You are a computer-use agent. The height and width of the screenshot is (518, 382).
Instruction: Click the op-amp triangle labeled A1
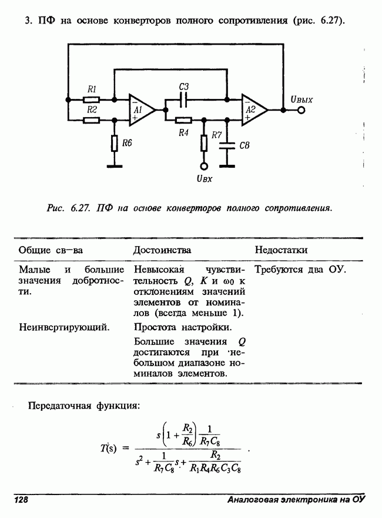[x=140, y=109]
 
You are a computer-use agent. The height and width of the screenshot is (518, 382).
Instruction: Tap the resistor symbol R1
[x=91, y=99]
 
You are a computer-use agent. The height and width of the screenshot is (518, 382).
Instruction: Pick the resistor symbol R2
[x=91, y=120]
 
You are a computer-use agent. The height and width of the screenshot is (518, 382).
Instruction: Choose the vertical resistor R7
[x=203, y=142]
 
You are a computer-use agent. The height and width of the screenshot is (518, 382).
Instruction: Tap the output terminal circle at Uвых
[x=301, y=109]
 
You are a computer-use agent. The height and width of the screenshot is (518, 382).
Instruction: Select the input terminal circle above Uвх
[x=203, y=165]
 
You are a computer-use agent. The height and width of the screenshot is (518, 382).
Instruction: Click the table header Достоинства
[x=162, y=250]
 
